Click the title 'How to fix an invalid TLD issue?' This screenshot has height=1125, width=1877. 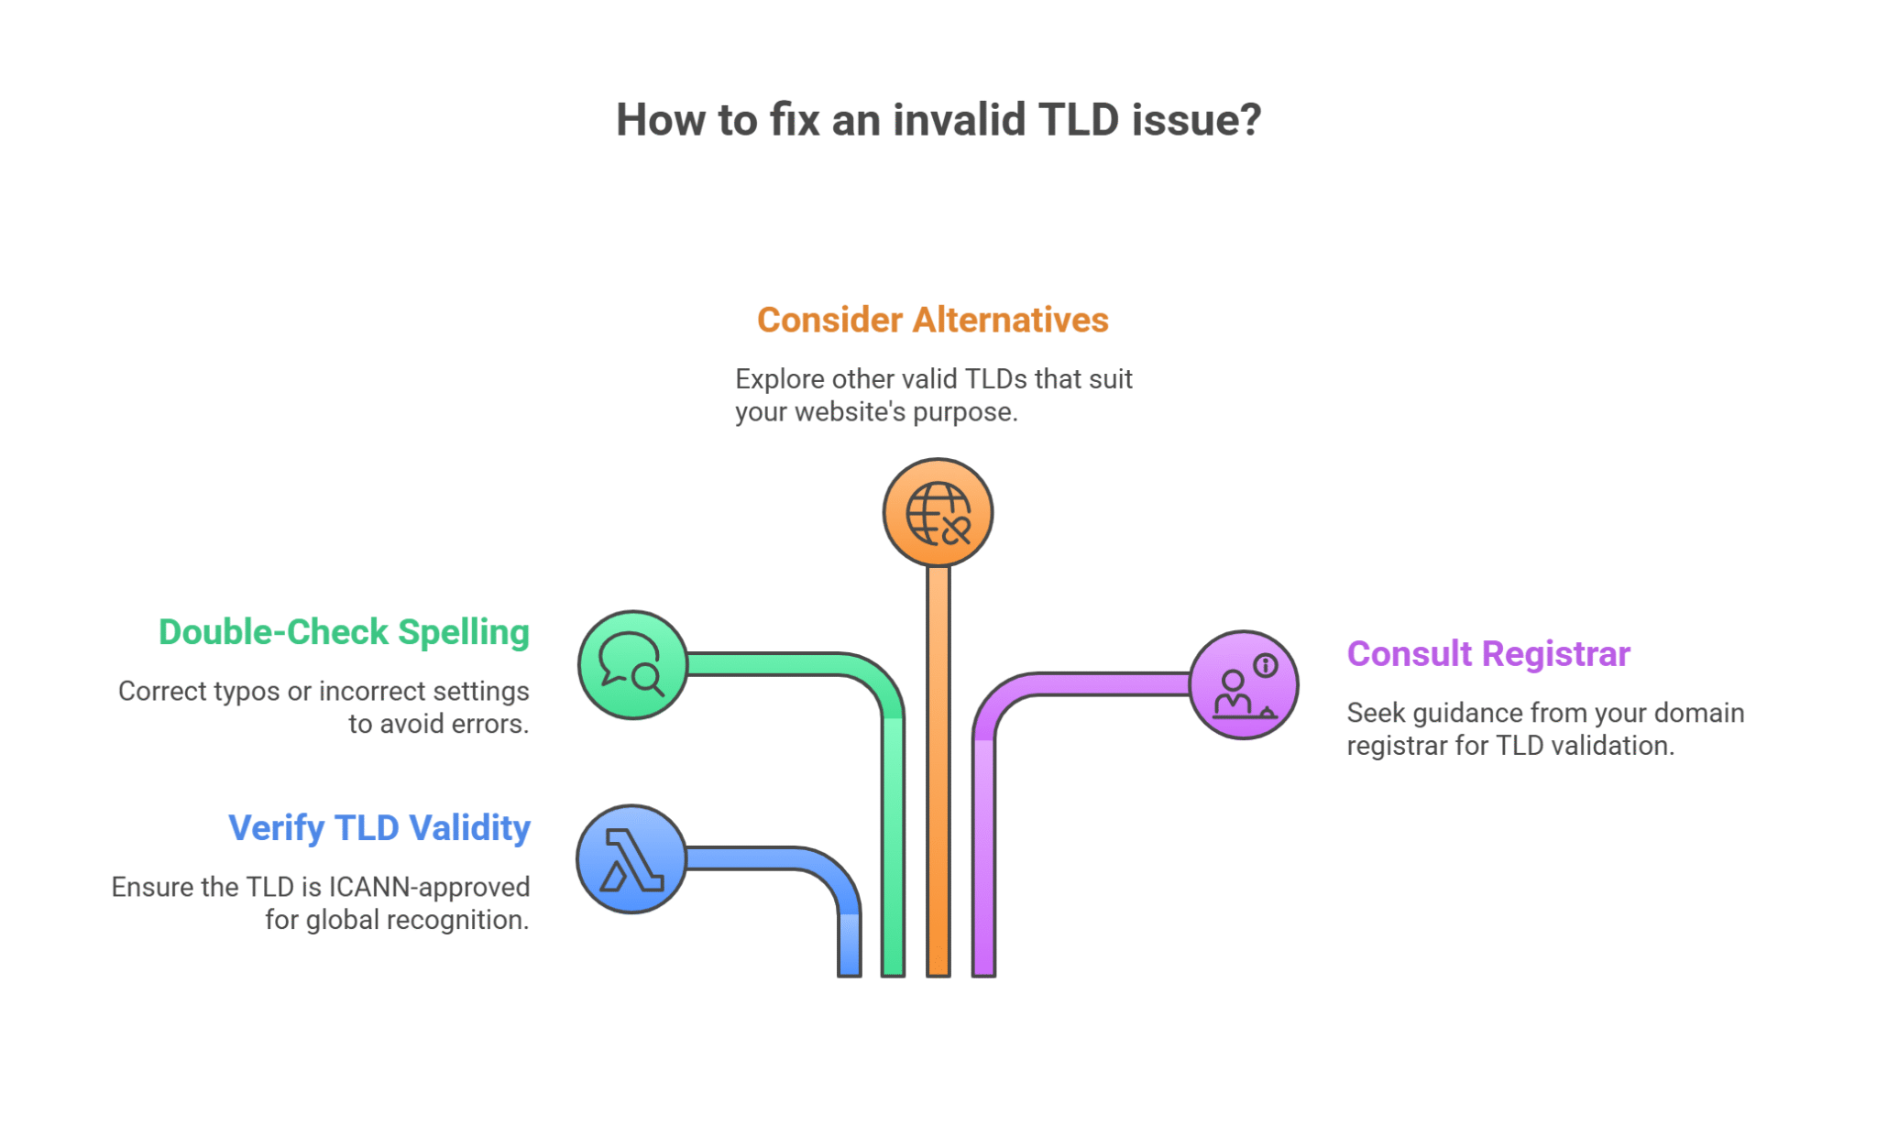pyautogui.click(x=938, y=120)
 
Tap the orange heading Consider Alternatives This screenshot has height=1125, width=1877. pyautogui.click(x=932, y=320)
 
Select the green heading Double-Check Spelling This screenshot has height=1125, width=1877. pyautogui.click(x=344, y=632)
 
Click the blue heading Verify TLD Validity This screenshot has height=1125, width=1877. pyautogui.click(x=379, y=828)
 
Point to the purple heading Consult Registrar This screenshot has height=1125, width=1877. pyautogui.click(x=1487, y=654)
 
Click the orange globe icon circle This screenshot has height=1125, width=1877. pyautogui.click(x=938, y=513)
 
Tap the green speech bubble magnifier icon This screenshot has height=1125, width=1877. pyautogui.click(x=632, y=665)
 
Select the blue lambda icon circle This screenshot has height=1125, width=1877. pyautogui.click(x=631, y=859)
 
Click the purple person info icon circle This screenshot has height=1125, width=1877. pyautogui.click(x=1244, y=685)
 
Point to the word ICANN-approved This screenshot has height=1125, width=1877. pyautogui.click(x=429, y=887)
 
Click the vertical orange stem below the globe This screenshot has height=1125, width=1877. pyautogui.click(x=938, y=770)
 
